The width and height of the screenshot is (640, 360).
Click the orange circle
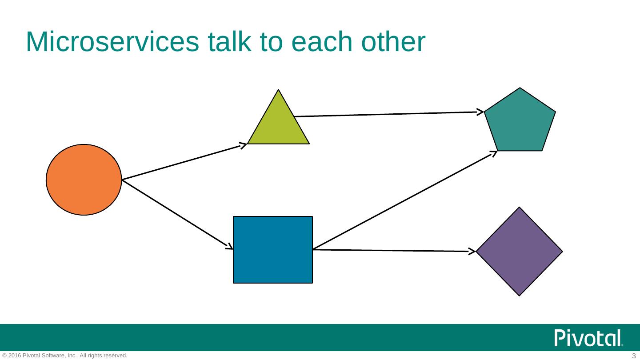coord(84,180)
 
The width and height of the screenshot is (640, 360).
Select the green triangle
coord(278,127)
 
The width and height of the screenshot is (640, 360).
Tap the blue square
coord(273,249)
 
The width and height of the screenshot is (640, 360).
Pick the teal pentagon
coord(520,122)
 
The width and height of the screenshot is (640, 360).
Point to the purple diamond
coord(519,252)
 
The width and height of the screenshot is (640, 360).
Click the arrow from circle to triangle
coord(182,162)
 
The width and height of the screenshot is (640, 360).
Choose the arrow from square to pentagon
coord(404,200)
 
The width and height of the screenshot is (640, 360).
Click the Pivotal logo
coord(588,339)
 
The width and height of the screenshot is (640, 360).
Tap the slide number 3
coord(634,356)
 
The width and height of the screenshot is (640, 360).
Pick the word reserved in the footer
coord(116,356)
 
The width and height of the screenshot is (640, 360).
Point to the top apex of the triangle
coord(279,91)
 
